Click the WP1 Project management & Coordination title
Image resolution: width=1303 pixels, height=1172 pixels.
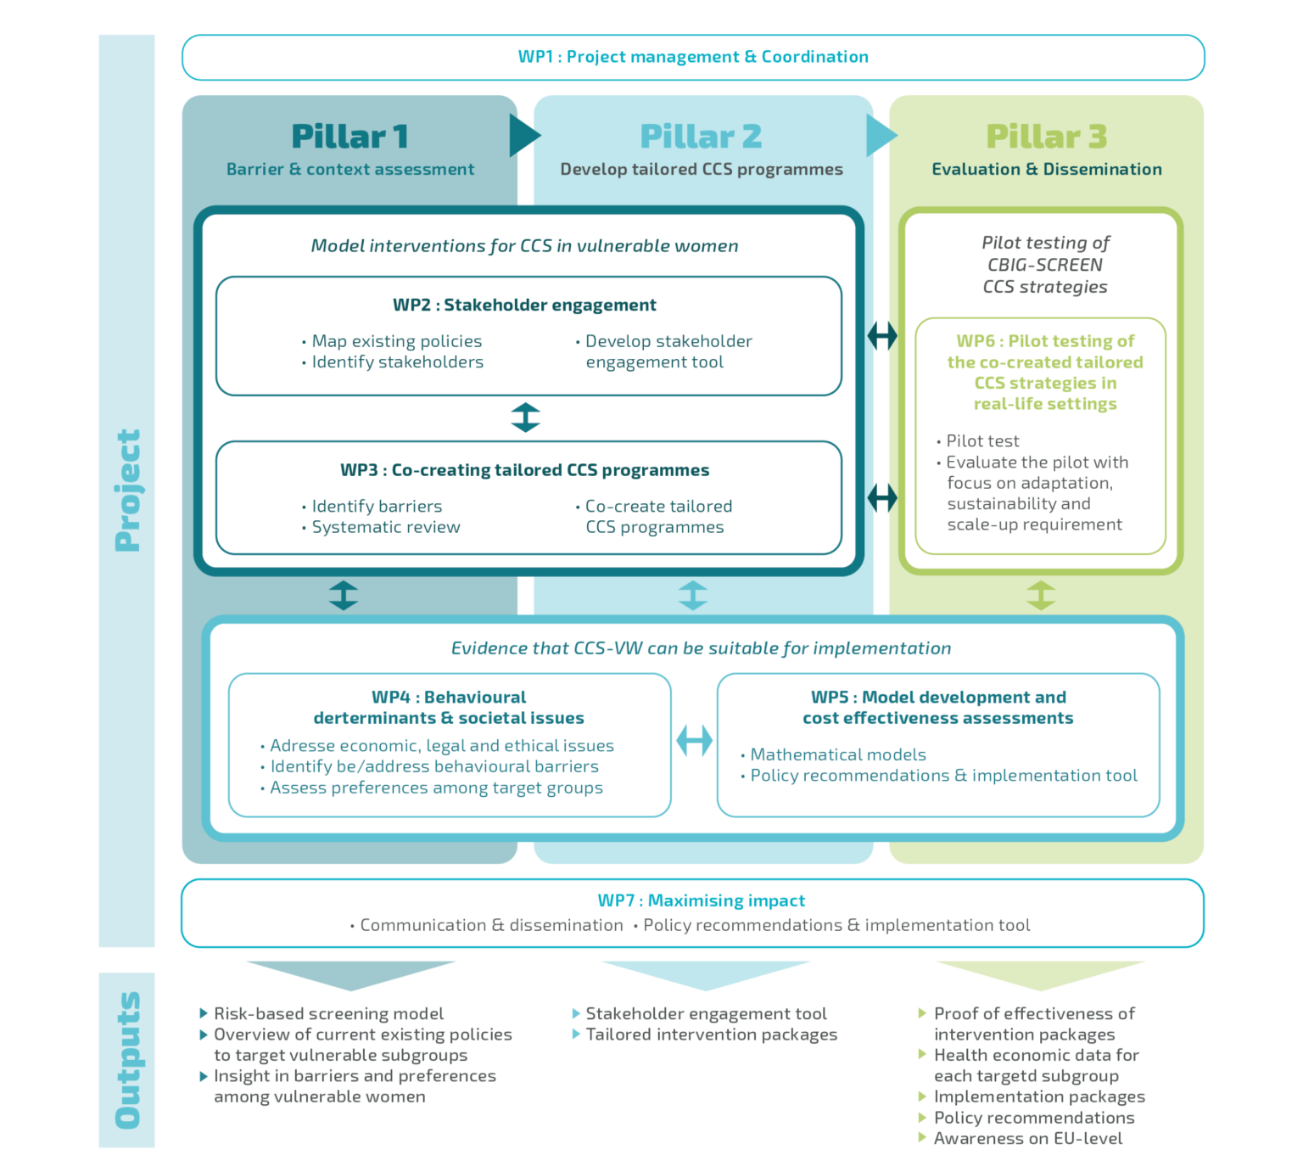point(693,57)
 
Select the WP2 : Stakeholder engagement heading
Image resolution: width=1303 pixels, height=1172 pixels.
point(524,305)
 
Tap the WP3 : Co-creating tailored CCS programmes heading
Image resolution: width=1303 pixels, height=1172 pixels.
point(524,470)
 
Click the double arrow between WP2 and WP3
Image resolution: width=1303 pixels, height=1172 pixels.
point(526,418)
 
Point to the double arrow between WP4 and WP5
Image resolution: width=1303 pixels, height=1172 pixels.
point(694,741)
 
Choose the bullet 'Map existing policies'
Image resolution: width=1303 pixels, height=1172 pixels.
point(396,341)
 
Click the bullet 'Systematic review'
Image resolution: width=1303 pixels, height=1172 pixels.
point(386,527)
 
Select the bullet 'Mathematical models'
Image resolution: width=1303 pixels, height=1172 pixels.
point(838,754)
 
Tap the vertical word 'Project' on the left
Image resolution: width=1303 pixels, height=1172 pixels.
point(127,491)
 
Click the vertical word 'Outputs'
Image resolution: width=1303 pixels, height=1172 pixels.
point(127,1060)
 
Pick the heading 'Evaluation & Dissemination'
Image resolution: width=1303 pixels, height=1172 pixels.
point(1047,169)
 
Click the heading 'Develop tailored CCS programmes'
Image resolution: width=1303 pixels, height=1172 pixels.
point(702,169)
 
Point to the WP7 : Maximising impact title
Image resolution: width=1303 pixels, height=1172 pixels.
point(702,900)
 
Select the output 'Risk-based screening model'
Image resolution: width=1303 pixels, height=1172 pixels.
point(328,1013)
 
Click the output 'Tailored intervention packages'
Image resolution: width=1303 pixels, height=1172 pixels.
point(711,1035)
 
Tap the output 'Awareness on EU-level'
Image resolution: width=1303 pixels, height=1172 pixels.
point(1027,1138)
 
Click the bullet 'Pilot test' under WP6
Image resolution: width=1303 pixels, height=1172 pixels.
point(982,441)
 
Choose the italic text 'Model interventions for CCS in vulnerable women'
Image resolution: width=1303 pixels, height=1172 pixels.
point(524,246)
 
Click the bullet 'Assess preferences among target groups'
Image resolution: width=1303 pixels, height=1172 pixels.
point(436,788)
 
